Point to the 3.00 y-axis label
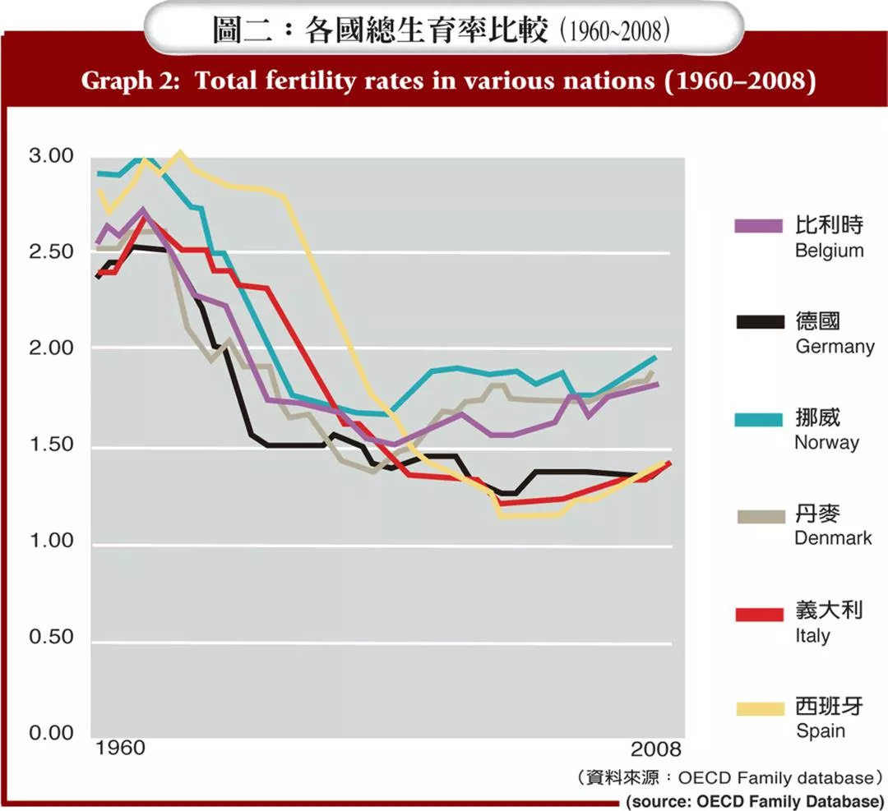(x=51, y=156)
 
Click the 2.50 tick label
(x=51, y=251)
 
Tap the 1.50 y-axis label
(x=51, y=445)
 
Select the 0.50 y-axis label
(x=51, y=637)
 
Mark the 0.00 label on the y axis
(x=51, y=733)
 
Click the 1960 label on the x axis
(x=120, y=749)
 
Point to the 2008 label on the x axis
(x=656, y=749)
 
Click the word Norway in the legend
(x=826, y=442)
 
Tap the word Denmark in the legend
(x=833, y=538)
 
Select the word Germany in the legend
(x=835, y=346)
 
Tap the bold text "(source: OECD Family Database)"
(x=755, y=800)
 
